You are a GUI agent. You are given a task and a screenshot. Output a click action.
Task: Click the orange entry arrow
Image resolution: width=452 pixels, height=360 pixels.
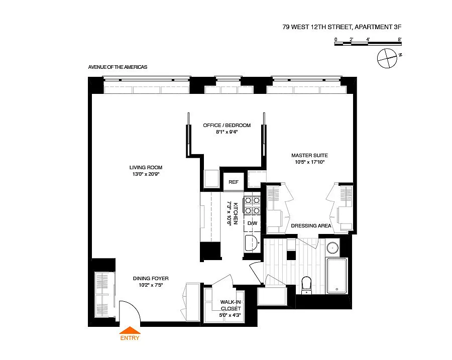click(130, 330)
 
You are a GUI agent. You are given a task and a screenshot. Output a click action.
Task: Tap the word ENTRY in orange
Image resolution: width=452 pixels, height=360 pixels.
click(130, 338)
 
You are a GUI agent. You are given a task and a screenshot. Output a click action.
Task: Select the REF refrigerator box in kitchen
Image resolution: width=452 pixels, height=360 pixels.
click(234, 182)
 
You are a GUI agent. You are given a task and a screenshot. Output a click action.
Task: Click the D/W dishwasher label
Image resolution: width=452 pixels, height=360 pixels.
click(252, 223)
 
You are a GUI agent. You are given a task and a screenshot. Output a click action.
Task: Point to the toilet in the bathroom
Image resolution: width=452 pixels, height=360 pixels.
click(306, 285)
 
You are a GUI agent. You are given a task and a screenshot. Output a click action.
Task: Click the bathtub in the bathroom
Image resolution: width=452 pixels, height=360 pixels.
click(336, 276)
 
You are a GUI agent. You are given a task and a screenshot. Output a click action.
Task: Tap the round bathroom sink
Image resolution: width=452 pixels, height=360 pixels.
click(332, 248)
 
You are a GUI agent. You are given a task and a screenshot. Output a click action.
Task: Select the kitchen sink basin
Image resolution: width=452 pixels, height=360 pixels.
click(251, 243)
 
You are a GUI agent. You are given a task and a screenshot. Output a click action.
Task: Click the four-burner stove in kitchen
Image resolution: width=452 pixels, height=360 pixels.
click(252, 205)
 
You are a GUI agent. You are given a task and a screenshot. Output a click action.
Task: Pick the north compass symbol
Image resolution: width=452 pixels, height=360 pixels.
click(387, 59)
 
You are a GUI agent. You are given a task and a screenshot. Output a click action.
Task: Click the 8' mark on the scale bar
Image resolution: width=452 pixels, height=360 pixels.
click(400, 40)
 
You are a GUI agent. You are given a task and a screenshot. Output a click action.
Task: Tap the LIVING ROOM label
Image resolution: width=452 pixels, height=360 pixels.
click(146, 168)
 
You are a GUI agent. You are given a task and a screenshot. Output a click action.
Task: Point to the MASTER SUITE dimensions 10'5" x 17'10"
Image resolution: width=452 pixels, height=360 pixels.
click(309, 162)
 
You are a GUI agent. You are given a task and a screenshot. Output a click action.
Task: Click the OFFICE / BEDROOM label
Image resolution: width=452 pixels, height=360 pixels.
click(227, 126)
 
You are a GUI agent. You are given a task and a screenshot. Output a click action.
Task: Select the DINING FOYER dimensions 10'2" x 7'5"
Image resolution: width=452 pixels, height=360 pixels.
click(151, 285)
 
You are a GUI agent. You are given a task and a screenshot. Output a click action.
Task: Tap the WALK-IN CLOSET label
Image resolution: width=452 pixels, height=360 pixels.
click(231, 305)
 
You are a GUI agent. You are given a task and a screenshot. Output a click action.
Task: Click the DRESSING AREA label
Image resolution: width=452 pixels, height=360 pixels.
click(311, 225)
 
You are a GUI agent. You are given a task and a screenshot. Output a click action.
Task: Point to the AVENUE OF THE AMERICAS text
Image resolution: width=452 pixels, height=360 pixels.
click(118, 67)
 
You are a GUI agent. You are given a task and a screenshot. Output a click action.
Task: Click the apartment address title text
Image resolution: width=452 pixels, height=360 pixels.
click(342, 27)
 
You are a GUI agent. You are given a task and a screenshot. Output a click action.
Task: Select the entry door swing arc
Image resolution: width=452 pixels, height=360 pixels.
click(136, 307)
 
